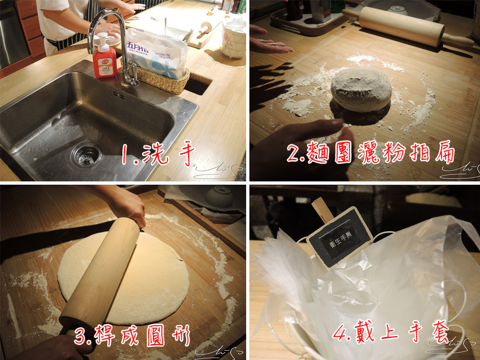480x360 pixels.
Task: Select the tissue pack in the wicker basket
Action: coord(157,53)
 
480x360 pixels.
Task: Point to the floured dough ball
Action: coord(360,89)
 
